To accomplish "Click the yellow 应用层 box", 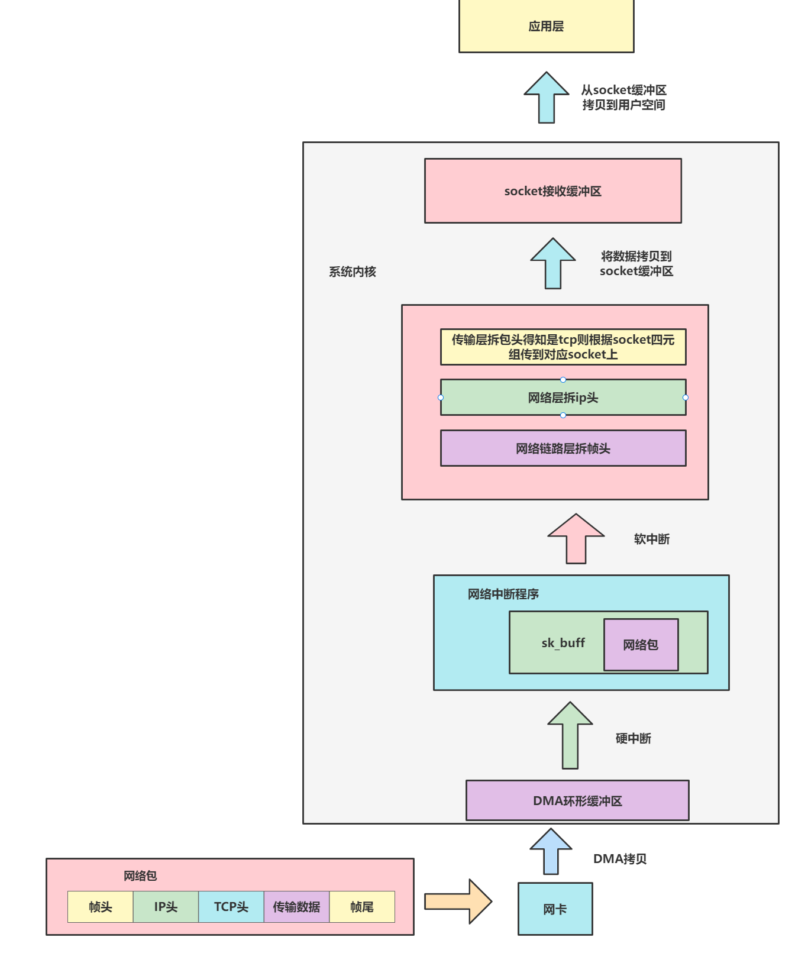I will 546,26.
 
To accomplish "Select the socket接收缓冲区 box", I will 552,191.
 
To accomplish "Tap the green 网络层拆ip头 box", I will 563,398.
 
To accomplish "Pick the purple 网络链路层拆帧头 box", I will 563,448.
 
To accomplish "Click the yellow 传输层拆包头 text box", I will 563,347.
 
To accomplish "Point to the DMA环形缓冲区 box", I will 577,800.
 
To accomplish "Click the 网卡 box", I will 555,909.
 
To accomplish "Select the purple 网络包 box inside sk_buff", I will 641,645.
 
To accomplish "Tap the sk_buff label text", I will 563,643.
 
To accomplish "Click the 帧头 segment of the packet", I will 100,907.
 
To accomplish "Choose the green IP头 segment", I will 166,907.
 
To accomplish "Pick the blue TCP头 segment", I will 231,907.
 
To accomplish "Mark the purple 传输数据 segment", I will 296,907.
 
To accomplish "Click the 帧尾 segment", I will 361,907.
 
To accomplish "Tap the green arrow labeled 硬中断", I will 570,736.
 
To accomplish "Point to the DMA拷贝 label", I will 619,859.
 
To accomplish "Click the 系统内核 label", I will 353,272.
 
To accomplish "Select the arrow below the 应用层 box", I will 546,98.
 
